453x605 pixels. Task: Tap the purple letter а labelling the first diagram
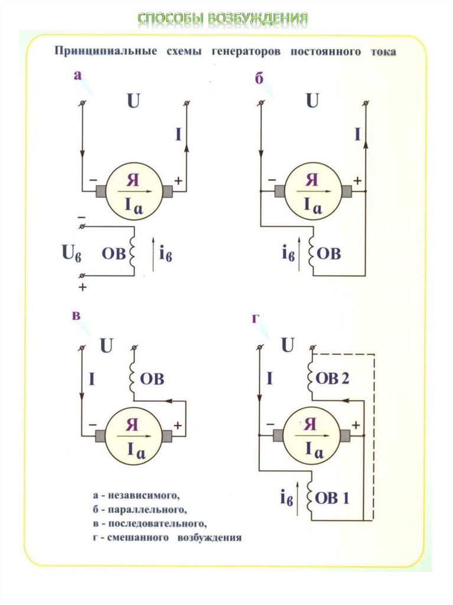coord(77,75)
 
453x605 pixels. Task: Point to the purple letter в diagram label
coord(76,316)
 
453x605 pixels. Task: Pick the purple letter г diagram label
coord(256,319)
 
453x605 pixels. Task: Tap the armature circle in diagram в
coord(133,435)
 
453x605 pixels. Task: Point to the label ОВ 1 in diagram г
coord(333,498)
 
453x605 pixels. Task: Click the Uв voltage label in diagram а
coord(71,254)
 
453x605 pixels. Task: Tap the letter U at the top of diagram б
coord(312,101)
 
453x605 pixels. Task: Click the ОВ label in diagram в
coord(152,379)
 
